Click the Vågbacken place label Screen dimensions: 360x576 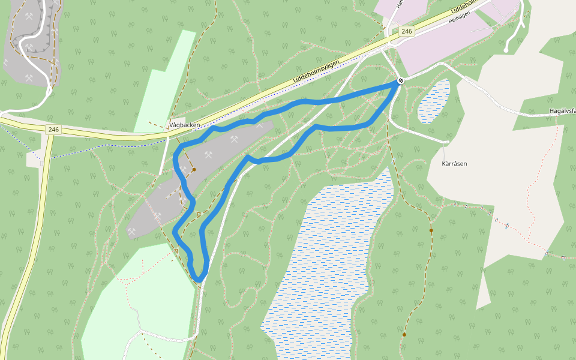tap(185, 125)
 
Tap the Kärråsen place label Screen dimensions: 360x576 tap(454, 163)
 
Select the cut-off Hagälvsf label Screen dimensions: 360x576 tap(562, 111)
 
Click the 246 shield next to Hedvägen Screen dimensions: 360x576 tap(407, 31)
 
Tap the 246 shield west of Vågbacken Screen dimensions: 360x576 tap(54, 130)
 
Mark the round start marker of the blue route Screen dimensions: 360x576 tap(400, 80)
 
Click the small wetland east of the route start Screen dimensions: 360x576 tap(433, 101)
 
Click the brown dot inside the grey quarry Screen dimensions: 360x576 tap(194, 170)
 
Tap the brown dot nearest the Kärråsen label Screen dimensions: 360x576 tap(431, 230)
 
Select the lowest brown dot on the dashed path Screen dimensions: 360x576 tap(404, 335)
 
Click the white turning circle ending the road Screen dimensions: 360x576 tap(506, 50)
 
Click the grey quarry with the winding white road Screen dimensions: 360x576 tap(30, 42)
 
